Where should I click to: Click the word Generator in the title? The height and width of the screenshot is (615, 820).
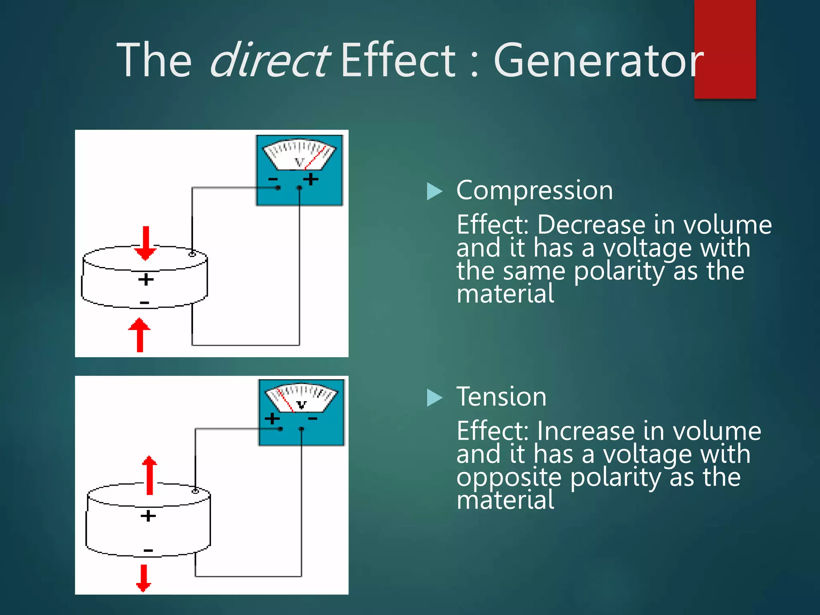598,61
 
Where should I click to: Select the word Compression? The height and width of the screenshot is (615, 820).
535,190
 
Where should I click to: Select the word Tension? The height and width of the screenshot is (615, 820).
501,397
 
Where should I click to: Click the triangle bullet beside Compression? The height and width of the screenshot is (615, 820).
434,191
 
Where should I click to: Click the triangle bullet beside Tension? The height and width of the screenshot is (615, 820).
434,398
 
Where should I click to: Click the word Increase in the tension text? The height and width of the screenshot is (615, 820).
585,431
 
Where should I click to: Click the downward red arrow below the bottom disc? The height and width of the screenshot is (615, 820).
143,578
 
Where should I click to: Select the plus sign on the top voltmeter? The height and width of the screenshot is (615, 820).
311,179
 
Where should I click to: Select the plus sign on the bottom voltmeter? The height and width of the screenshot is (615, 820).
272,419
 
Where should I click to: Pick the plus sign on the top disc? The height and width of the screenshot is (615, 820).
146,279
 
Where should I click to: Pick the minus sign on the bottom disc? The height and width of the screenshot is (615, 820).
148,551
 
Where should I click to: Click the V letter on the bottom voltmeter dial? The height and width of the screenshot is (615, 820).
301,404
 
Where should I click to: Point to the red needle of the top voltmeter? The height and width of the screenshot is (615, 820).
315,157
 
